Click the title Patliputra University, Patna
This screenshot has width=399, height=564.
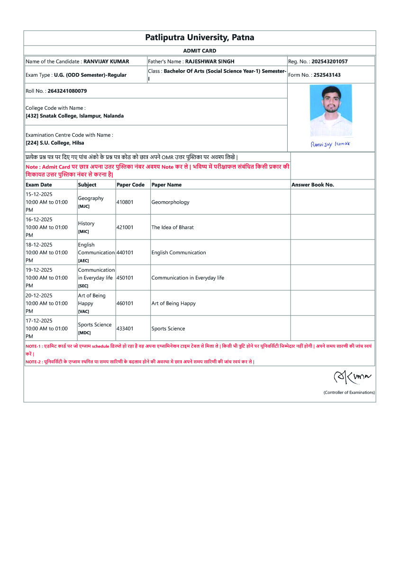(x=199, y=37)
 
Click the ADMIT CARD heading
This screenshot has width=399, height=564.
(x=199, y=51)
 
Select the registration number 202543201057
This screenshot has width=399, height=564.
(x=329, y=62)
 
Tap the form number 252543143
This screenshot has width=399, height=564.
(x=327, y=75)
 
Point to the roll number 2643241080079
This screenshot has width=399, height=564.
(x=67, y=91)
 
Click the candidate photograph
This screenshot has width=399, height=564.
(x=331, y=110)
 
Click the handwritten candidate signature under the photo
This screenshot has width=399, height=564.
(x=330, y=144)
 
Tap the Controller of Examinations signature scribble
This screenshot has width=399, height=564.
(x=353, y=377)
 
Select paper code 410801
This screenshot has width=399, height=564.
(x=125, y=202)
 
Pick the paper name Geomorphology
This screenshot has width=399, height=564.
(x=170, y=202)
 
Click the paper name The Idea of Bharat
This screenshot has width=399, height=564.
(x=172, y=227)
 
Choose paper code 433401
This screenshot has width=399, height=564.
(x=125, y=329)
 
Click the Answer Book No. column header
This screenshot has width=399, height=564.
(x=313, y=185)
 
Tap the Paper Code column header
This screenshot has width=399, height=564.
(x=130, y=185)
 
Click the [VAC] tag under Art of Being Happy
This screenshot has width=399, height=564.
(x=83, y=311)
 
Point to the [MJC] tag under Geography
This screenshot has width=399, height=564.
(x=83, y=206)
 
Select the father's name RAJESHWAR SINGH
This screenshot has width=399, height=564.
(x=209, y=62)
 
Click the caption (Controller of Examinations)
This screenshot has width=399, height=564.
(x=349, y=393)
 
